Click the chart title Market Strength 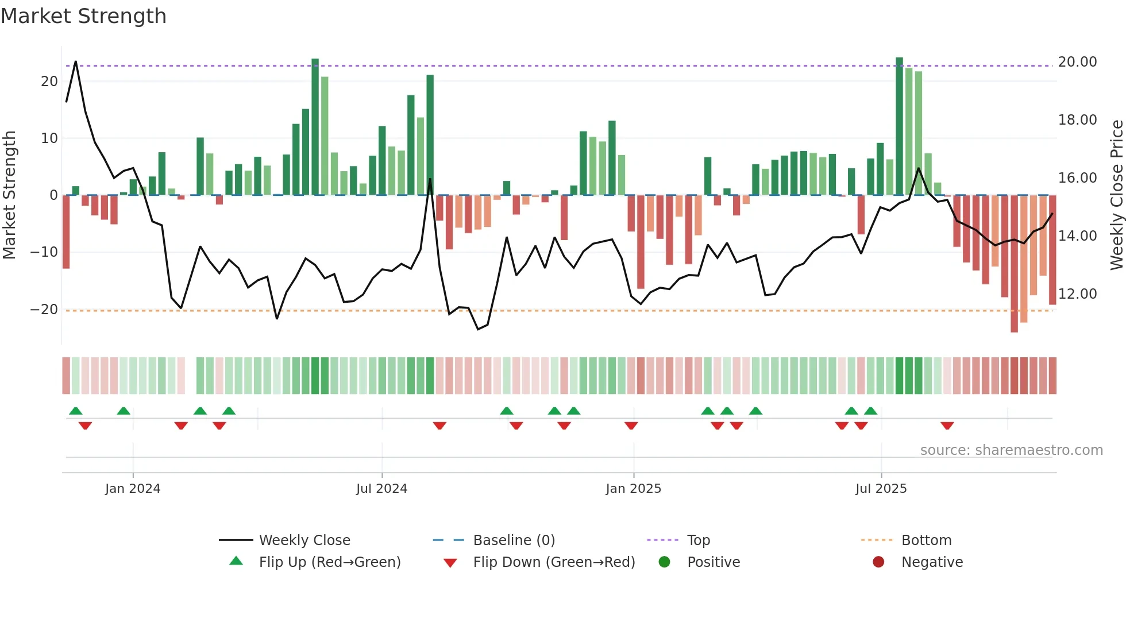point(83,16)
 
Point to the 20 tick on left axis point(49,82)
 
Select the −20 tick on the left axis point(44,310)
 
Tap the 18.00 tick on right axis point(1077,120)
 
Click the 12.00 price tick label point(1077,294)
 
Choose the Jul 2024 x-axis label point(381,489)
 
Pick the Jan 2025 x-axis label point(633,489)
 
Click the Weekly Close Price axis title point(1116,195)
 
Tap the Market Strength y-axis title point(10,195)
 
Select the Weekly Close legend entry point(304,541)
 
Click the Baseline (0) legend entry point(514,541)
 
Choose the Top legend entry point(699,541)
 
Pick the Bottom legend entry point(926,541)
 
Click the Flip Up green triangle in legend point(236,561)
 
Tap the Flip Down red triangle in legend point(450,563)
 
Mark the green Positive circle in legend point(664,562)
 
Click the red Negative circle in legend point(878,562)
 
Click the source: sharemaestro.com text point(1011,450)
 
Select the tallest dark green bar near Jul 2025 point(899,126)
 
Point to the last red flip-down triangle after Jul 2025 point(947,426)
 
